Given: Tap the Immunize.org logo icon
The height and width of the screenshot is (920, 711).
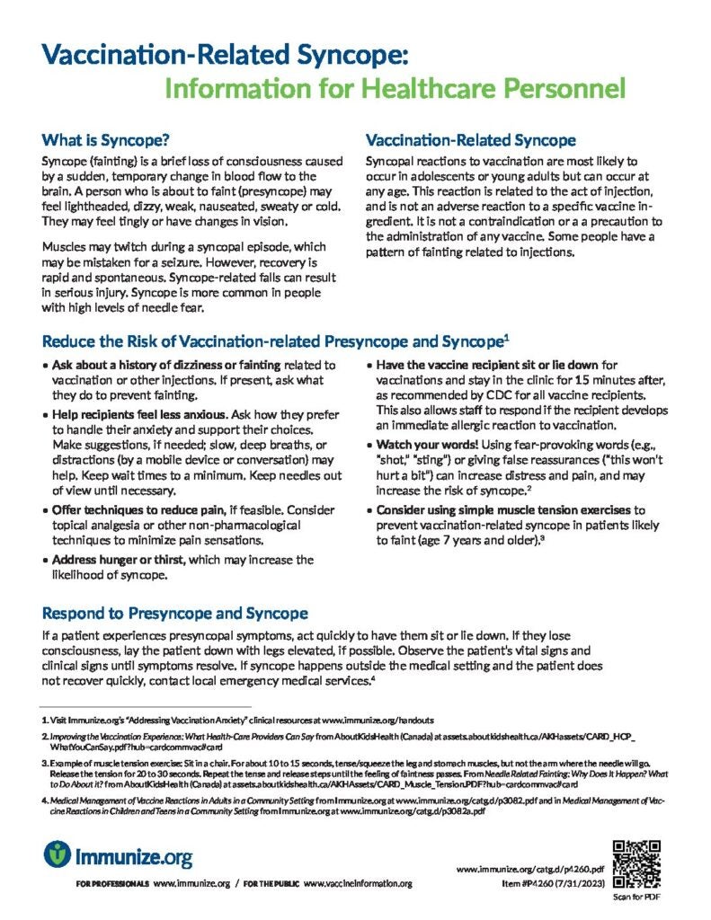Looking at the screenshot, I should point(57,854).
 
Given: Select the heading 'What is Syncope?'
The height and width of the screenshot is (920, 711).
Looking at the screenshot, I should point(105,140).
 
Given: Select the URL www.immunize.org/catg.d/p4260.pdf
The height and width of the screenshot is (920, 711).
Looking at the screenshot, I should point(530,870).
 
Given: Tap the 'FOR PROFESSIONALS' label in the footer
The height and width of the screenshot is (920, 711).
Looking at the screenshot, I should point(113,885).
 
